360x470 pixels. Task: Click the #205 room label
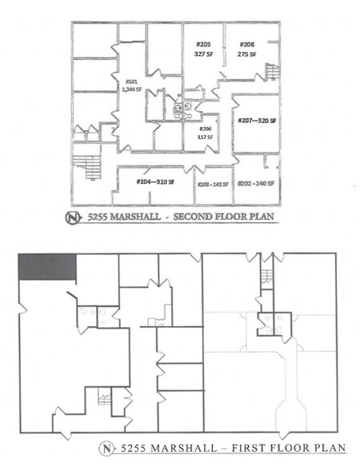click(203, 45)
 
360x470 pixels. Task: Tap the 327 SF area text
click(203, 54)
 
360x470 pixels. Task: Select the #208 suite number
click(247, 45)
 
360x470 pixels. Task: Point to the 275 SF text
click(247, 54)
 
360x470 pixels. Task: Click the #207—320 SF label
click(256, 121)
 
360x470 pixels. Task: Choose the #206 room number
click(204, 129)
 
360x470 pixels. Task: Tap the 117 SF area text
click(204, 137)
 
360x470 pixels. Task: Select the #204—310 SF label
click(156, 182)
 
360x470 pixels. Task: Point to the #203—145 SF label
click(213, 184)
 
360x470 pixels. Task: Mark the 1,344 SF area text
click(131, 90)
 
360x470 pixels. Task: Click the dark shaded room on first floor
click(46, 267)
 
